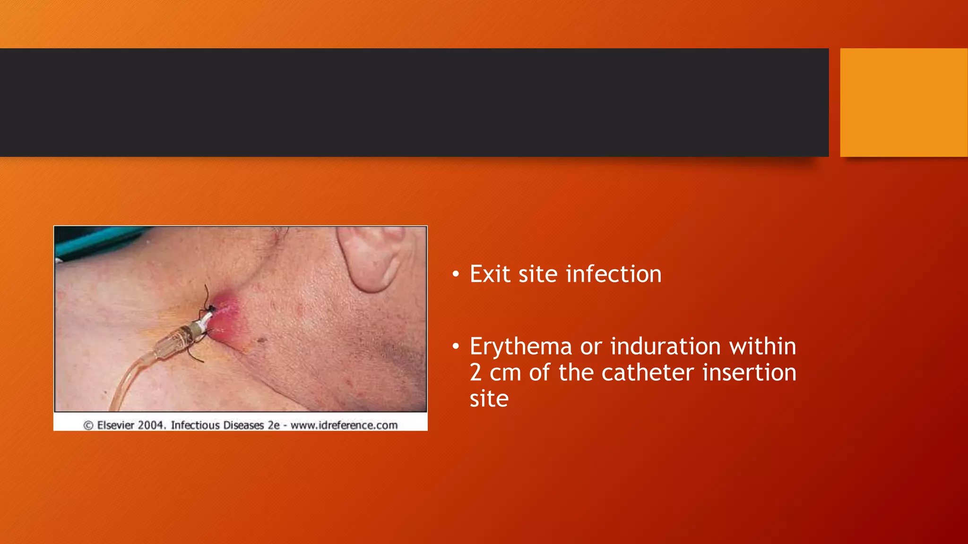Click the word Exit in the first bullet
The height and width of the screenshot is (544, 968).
coord(490,274)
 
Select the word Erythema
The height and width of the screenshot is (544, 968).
coord(521,347)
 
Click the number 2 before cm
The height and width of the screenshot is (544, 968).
coord(476,373)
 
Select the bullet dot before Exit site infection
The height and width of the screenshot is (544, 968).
coord(456,275)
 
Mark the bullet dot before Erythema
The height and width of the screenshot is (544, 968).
coord(456,347)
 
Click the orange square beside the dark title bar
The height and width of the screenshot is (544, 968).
coord(903,102)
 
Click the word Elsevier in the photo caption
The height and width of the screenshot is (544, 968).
coord(116,425)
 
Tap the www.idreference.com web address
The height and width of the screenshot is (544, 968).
coord(344,425)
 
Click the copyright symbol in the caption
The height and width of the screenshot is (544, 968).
coord(88,425)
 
